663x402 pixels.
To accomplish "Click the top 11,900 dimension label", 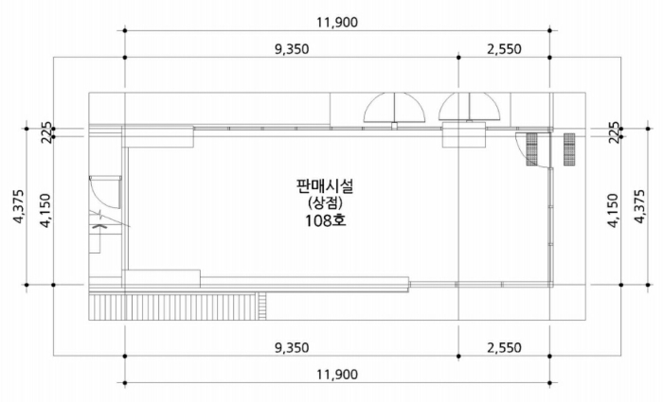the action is (337, 23).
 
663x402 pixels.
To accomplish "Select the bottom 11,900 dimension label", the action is (337, 375).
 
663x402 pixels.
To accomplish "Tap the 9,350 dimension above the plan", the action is (292, 49).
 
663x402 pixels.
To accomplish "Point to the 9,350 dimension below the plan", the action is (292, 347).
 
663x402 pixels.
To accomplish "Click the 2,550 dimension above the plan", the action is (504, 49).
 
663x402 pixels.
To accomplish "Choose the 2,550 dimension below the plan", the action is (504, 347).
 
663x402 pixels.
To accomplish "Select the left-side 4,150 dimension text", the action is (45, 210).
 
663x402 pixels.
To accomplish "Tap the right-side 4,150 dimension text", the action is (613, 210).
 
